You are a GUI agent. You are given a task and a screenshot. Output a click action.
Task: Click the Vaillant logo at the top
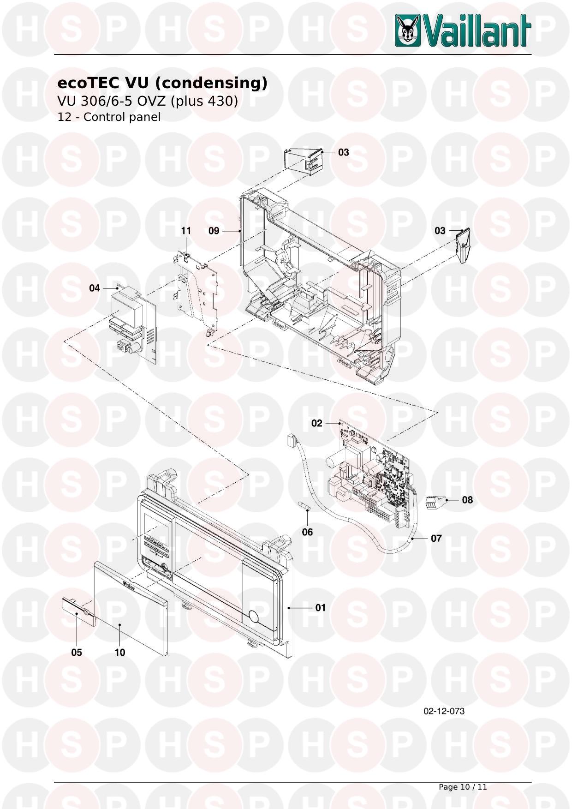click(463, 30)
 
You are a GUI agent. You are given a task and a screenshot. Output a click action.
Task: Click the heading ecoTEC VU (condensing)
click(162, 83)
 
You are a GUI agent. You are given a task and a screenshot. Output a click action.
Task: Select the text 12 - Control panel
click(109, 117)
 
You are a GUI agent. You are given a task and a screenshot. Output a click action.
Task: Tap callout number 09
click(214, 231)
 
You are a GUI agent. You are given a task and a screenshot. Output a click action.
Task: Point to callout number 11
click(186, 231)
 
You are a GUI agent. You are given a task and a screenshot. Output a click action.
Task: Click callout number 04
click(95, 288)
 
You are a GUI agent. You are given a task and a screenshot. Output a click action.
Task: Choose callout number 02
click(317, 423)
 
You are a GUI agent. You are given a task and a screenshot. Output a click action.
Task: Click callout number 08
click(467, 500)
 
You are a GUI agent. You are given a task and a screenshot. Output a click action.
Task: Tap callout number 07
click(436, 538)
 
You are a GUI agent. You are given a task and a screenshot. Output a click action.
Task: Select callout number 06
click(307, 532)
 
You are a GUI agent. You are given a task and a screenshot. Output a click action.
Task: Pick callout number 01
click(321, 608)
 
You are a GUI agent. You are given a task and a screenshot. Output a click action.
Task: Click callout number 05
click(77, 653)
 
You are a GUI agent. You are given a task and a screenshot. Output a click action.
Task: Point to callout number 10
click(120, 653)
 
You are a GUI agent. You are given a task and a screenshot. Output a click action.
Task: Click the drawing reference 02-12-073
click(444, 711)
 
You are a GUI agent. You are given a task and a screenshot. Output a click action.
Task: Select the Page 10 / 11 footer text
click(463, 787)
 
